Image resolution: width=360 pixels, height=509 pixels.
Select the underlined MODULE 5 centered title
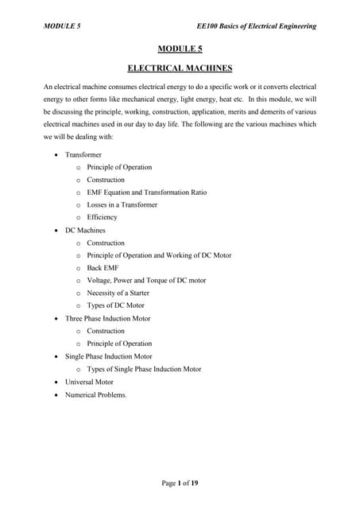(x=180, y=49)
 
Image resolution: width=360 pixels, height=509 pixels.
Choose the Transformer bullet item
(x=84, y=154)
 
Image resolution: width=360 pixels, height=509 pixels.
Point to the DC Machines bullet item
(x=85, y=230)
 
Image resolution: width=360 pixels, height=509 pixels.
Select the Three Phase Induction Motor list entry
(x=107, y=318)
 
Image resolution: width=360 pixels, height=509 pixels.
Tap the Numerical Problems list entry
(x=95, y=394)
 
